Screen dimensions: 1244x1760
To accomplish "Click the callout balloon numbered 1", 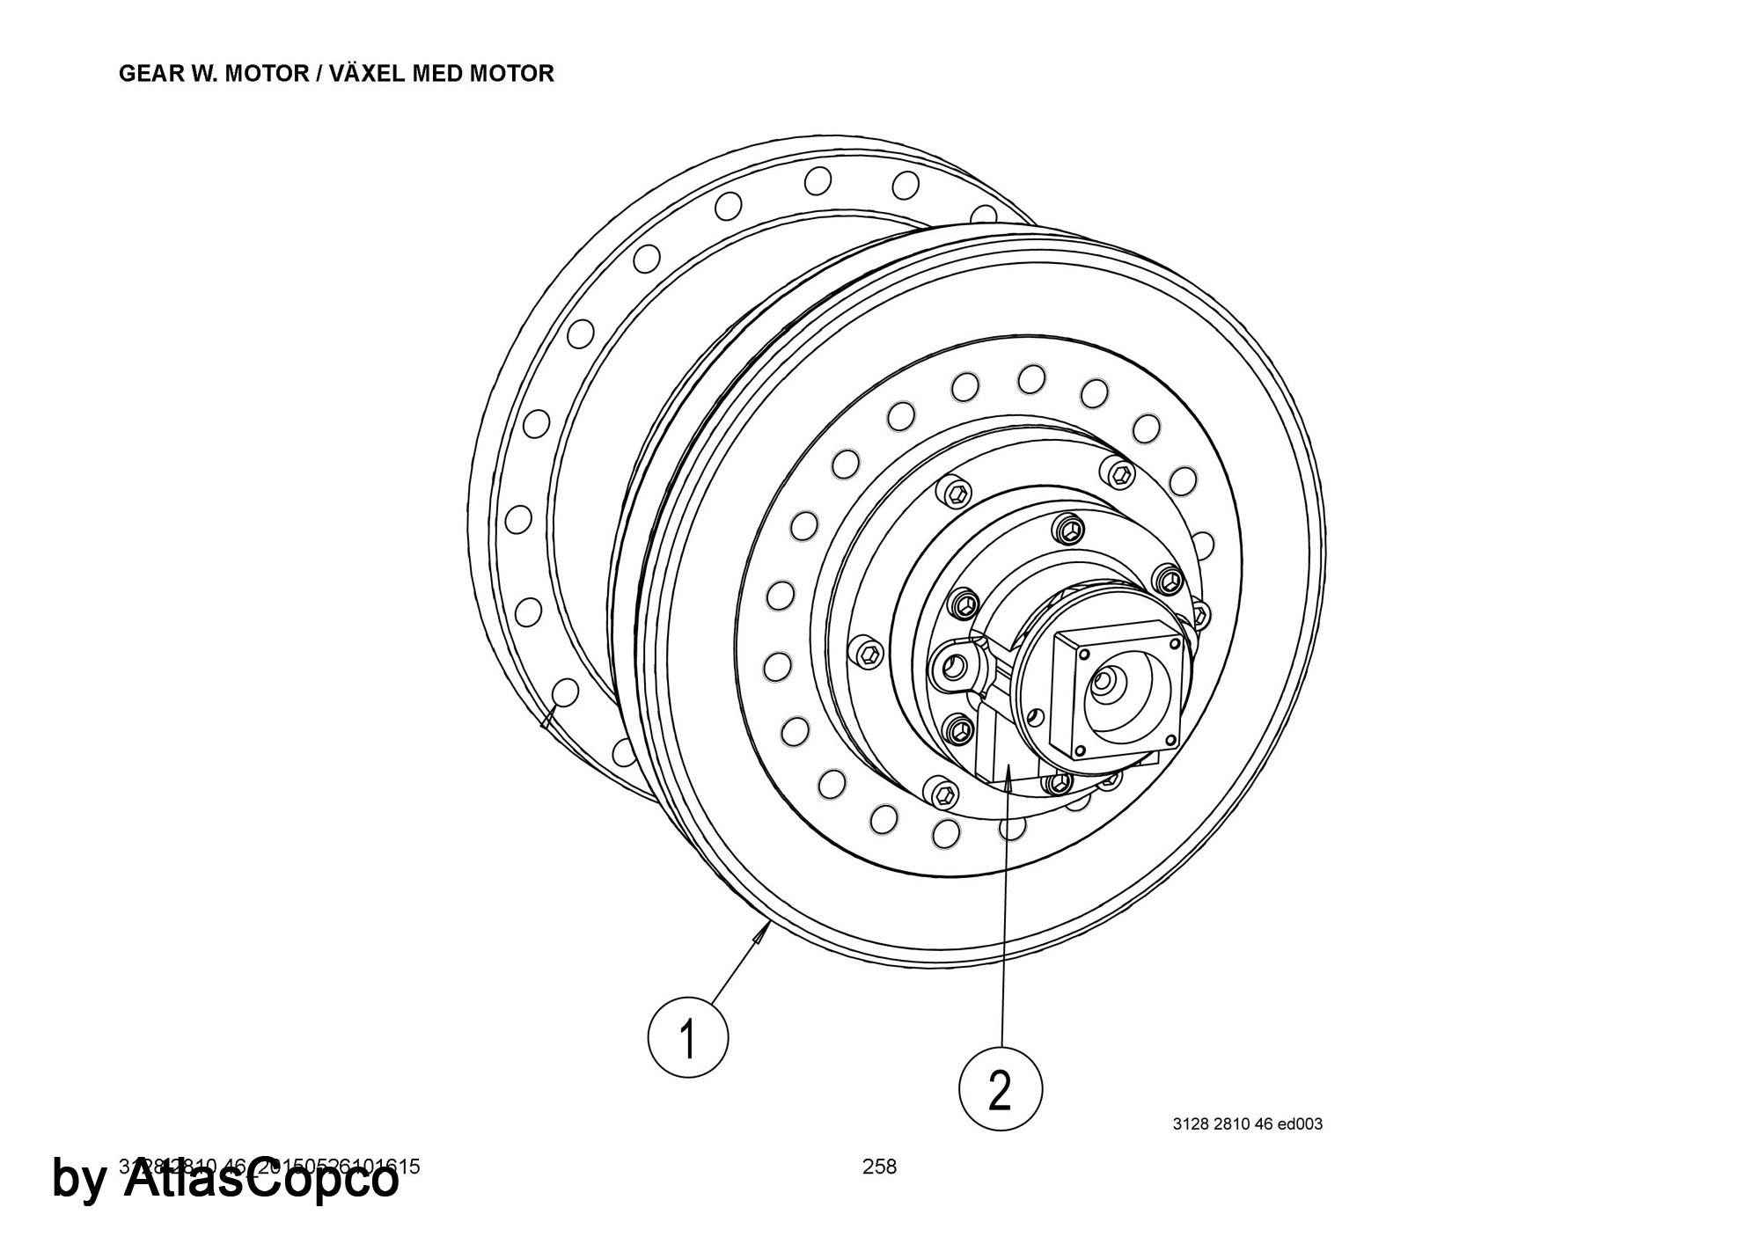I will (x=687, y=1037).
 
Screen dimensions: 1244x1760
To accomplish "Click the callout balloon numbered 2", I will (x=1000, y=1090).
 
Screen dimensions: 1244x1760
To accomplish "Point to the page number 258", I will (x=879, y=1167).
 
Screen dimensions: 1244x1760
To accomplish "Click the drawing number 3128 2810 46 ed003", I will (x=1247, y=1123).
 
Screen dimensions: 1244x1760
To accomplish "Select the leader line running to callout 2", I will (x=1003, y=924).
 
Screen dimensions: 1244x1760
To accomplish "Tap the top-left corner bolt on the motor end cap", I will (x=1083, y=655).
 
